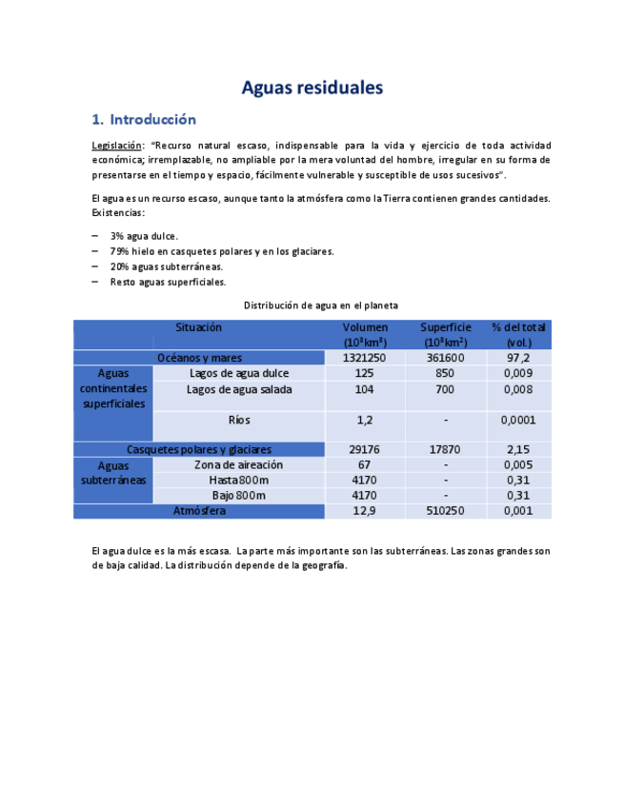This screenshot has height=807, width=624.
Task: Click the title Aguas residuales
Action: pyautogui.click(x=312, y=89)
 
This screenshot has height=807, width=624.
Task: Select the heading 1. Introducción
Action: pyautogui.click(x=144, y=120)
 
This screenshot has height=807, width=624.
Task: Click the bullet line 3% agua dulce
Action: pyautogui.click(x=144, y=236)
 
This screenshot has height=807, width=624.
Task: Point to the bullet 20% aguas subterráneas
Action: pyautogui.click(x=166, y=266)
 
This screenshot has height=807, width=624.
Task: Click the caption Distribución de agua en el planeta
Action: pyautogui.click(x=321, y=305)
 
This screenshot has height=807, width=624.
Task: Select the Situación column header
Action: pyautogui.click(x=198, y=327)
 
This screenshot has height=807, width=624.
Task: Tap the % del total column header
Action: pyautogui.click(x=518, y=334)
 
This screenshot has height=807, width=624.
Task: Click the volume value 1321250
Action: pyautogui.click(x=364, y=358)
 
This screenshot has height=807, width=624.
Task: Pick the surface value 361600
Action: pyautogui.click(x=445, y=358)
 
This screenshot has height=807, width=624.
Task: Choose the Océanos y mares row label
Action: pyautogui.click(x=199, y=358)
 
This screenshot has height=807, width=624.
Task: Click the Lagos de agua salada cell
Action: pyautogui.click(x=238, y=389)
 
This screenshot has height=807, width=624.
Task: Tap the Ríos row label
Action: pyautogui.click(x=238, y=420)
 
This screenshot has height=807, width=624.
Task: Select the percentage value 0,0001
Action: pyautogui.click(x=518, y=420)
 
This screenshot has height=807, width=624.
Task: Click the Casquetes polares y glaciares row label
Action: pyautogui.click(x=199, y=449)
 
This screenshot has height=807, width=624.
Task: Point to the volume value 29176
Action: pyautogui.click(x=364, y=449)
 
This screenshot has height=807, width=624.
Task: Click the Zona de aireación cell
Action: pyautogui.click(x=238, y=464)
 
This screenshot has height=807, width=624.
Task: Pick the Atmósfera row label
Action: pyautogui.click(x=199, y=511)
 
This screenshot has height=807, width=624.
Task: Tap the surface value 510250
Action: pyautogui.click(x=445, y=511)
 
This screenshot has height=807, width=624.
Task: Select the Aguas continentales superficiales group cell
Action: pyautogui.click(x=113, y=389)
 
